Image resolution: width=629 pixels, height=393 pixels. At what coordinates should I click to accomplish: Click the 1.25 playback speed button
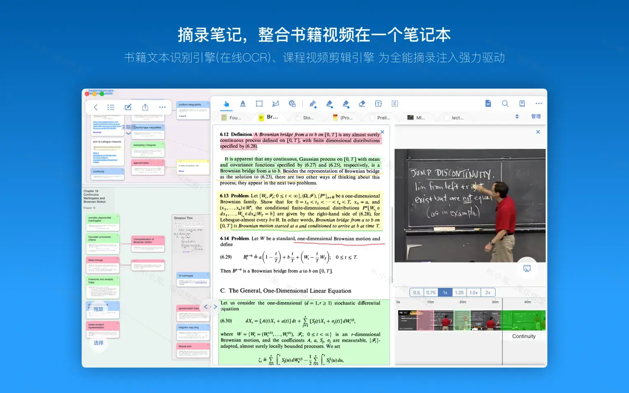pos(459,292)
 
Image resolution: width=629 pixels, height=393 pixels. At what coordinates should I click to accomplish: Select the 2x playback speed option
pos(488,292)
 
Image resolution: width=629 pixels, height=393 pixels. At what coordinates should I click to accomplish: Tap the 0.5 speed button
pos(417,292)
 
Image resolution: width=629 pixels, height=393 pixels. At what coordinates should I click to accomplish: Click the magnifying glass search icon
pos(505,104)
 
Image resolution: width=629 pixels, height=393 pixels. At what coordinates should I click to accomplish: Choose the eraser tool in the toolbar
pos(362,104)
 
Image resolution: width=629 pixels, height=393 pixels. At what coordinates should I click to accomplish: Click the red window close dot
pos(87,94)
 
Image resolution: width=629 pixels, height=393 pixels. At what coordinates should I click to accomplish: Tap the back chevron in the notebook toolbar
pos(96,107)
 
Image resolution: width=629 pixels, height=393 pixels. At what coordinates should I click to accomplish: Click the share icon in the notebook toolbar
pos(145,107)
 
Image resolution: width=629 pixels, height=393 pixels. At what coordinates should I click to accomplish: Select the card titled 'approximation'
pos(141,163)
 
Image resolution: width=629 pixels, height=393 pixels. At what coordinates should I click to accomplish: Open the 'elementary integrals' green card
pos(145,145)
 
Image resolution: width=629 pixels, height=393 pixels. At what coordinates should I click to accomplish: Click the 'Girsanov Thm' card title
pos(183,218)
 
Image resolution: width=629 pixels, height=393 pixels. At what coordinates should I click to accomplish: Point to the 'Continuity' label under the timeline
pos(523,336)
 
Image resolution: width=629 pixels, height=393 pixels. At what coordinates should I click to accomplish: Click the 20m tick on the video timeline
pos(463,302)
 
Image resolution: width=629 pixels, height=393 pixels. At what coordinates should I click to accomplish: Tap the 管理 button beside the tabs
pos(536,117)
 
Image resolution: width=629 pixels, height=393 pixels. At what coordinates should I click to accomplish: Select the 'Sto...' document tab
pos(308,118)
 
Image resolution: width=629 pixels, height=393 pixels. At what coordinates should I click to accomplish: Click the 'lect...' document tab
pos(457,118)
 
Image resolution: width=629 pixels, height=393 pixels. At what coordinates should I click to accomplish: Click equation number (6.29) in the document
pos(226,257)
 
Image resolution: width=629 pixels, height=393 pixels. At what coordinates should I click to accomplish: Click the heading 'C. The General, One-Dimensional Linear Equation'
pos(286,291)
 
